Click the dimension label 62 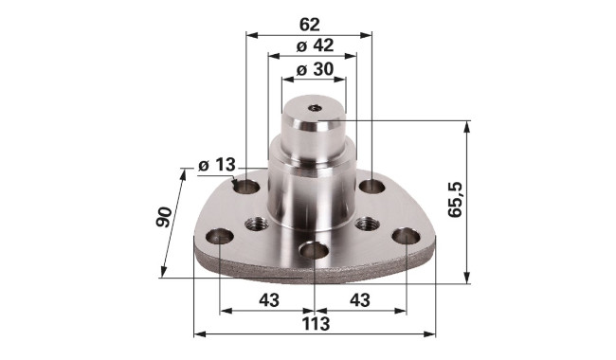[310, 25]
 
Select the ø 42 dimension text [315, 45]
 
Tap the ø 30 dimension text [315, 69]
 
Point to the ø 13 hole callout [216, 165]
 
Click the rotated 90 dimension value [164, 217]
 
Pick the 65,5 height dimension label [456, 200]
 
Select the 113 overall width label [316, 324]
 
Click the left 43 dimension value [269, 300]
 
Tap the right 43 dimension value [360, 300]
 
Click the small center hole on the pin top [315, 108]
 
